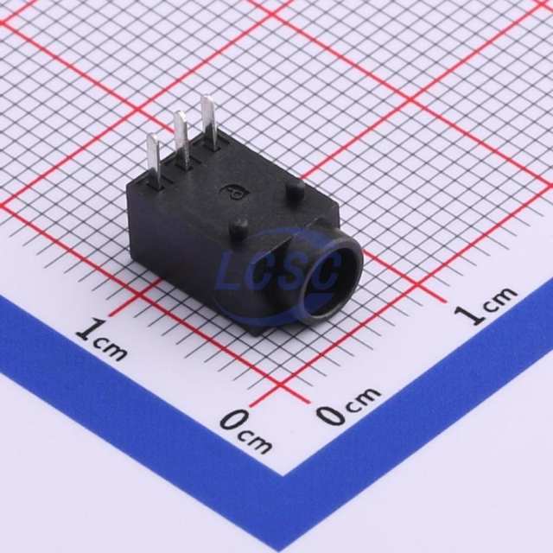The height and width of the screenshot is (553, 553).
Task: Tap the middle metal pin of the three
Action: tap(182, 138)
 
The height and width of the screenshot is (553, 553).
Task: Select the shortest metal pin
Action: tap(155, 160)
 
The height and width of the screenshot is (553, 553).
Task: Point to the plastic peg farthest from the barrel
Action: tap(296, 190)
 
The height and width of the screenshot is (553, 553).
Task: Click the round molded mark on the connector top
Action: tap(234, 192)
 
